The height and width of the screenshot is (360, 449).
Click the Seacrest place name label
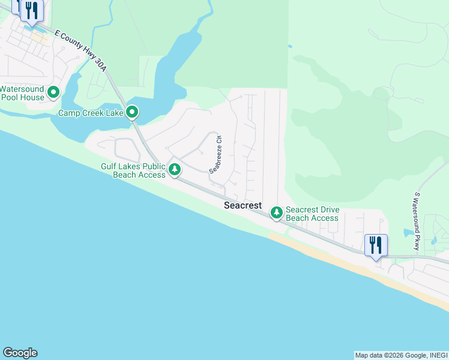pos(243,205)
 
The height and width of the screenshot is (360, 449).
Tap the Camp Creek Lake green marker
pos(132,112)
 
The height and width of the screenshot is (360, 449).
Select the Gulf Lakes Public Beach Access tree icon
pos(175,169)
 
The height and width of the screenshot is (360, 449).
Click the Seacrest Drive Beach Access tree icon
pos(276,212)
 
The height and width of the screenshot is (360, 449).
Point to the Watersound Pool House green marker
pos(53,92)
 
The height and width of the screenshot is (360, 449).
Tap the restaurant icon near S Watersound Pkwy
pos(376,245)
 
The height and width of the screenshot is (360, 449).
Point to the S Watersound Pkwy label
pos(416,221)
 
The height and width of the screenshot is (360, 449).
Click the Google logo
pos(20,353)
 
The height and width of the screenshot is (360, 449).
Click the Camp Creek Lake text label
pos(90,113)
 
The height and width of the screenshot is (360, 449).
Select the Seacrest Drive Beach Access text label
pos(312,214)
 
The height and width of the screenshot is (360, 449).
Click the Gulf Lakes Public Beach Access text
pos(133,170)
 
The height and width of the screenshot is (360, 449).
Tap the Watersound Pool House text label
pos(22,93)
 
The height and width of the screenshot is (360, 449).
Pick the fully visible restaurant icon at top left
pos(32,10)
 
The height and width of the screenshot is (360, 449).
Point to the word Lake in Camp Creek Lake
pos(112,113)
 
